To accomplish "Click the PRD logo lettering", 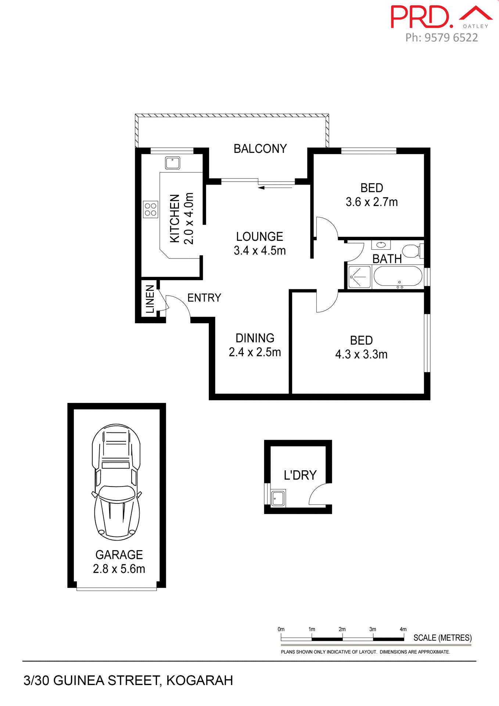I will [x=421, y=17].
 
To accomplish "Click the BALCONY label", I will [x=260, y=149].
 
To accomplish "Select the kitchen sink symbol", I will [x=172, y=163].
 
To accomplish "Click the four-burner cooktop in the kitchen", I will [x=150, y=210].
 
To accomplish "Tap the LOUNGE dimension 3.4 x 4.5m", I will [x=260, y=251].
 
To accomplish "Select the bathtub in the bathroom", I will [x=398, y=277].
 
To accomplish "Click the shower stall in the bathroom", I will [x=359, y=277].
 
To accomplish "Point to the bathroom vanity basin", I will [x=381, y=245].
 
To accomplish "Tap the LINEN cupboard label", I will [x=150, y=299].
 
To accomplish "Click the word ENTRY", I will [x=204, y=297].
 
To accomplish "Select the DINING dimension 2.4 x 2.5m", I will [x=255, y=352].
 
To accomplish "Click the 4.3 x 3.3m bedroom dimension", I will [x=361, y=354].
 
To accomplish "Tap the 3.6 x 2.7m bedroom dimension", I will [x=371, y=202].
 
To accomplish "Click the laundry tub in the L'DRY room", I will [x=278, y=498].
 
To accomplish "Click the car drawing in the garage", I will [x=116, y=482].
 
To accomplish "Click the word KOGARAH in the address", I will [x=200, y=681].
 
